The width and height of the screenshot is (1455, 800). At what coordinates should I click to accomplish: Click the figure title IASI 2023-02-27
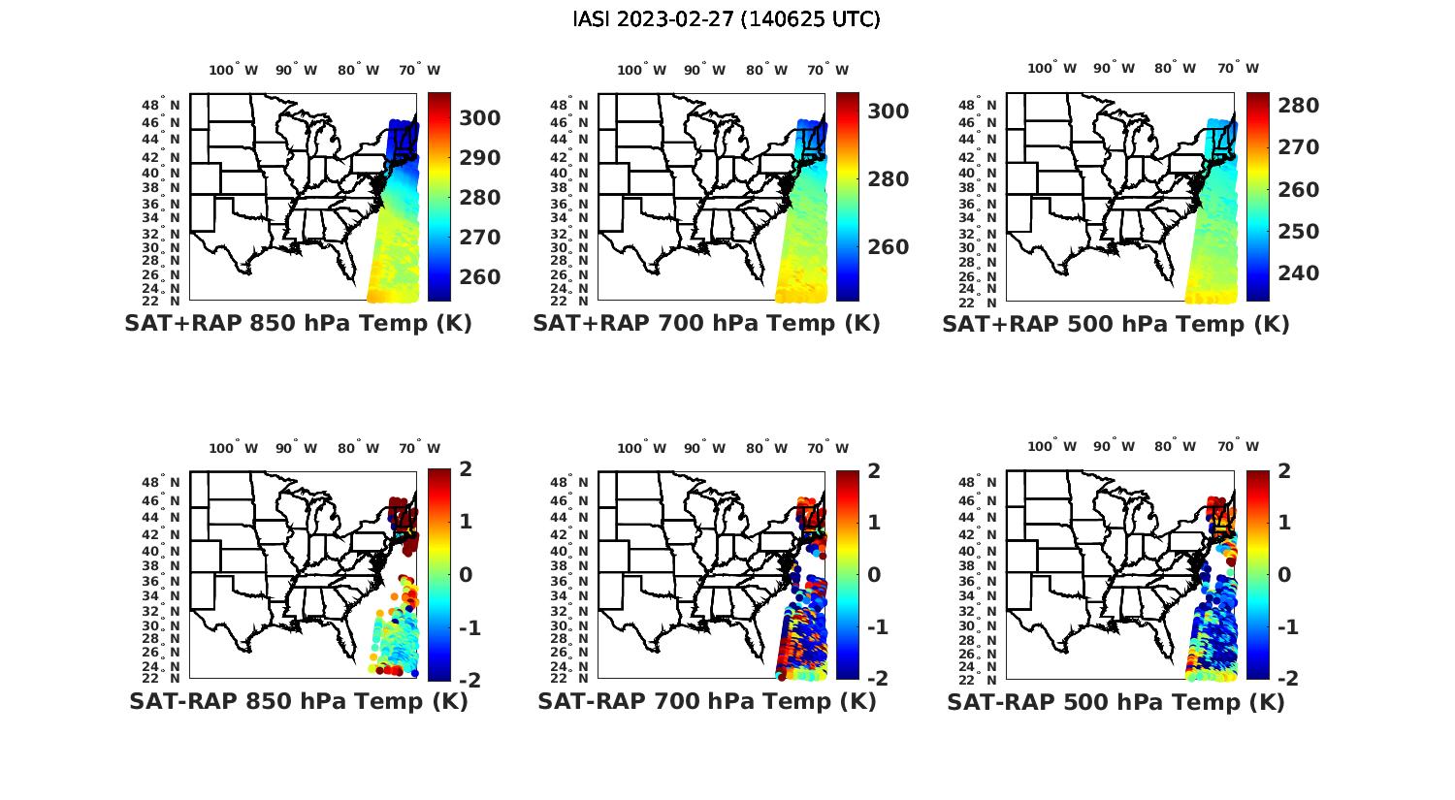(x=727, y=19)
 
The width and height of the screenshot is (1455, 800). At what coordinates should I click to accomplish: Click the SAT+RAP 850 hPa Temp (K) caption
(x=298, y=324)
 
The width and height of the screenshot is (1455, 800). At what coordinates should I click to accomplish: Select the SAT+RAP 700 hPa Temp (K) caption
(x=706, y=324)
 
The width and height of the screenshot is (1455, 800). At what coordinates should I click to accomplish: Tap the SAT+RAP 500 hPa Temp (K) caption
(x=1115, y=325)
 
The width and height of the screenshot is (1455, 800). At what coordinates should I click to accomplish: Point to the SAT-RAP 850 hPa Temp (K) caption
(x=299, y=701)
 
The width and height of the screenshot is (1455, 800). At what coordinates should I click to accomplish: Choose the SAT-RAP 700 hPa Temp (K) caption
(x=707, y=701)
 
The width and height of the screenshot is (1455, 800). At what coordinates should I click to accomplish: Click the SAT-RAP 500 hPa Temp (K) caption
(x=1115, y=702)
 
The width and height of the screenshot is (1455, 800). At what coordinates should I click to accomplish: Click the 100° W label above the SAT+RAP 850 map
(x=234, y=70)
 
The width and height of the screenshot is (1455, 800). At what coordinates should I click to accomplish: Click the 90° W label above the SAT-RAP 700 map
(x=704, y=448)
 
